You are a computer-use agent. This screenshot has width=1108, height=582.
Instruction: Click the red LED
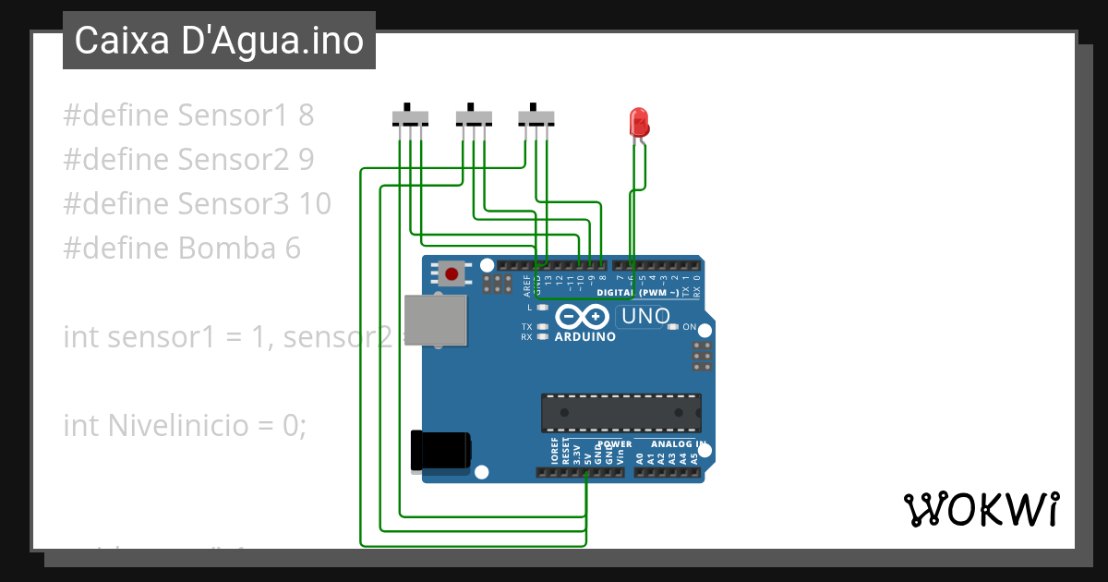coord(638,122)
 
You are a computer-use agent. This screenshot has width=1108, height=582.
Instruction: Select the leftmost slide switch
coord(410,117)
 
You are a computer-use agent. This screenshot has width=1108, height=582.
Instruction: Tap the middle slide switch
coord(474,117)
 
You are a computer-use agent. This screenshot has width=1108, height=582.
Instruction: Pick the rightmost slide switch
coord(536,117)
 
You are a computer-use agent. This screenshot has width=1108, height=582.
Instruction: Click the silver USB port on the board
coord(435,321)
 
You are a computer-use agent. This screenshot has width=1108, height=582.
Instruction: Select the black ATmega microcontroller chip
coord(620,413)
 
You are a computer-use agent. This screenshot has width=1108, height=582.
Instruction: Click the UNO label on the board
coord(645,316)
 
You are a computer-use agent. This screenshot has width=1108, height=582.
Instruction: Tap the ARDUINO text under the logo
coord(584,337)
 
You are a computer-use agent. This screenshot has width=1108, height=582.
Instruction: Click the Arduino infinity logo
coord(583,317)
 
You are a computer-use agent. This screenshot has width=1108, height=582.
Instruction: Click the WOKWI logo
coord(981,509)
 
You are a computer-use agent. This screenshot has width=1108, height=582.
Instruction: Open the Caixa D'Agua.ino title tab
coord(219,41)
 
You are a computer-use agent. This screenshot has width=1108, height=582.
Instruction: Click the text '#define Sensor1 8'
coord(188,115)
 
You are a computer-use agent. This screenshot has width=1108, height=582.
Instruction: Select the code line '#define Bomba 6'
coord(182,249)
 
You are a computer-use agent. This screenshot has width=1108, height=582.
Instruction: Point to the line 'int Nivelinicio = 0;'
coord(184,425)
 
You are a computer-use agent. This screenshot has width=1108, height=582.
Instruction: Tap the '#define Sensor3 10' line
coord(197,204)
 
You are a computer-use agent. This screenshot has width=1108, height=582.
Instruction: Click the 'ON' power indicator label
coord(689,327)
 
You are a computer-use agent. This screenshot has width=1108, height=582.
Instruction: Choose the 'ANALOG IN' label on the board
coord(681,444)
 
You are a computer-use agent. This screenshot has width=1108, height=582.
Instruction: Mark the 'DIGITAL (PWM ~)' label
coord(638,293)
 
